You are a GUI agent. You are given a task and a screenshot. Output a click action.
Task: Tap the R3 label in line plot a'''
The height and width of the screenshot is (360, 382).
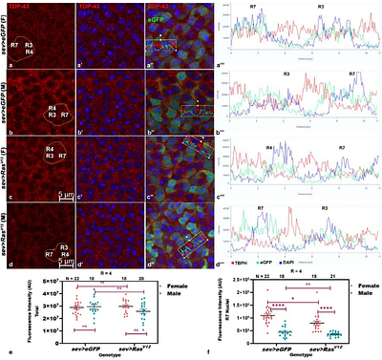(322, 8)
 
